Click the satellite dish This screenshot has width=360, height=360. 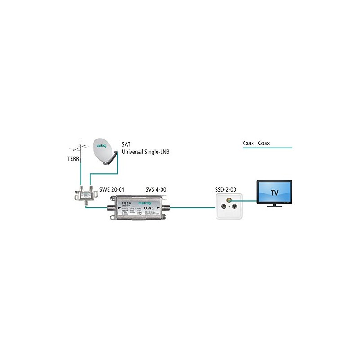[104, 152]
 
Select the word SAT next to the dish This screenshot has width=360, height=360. [126, 145]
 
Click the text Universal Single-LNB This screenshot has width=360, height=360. [143, 153]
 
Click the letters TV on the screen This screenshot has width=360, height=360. [274, 193]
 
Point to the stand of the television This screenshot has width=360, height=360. [274, 205]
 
